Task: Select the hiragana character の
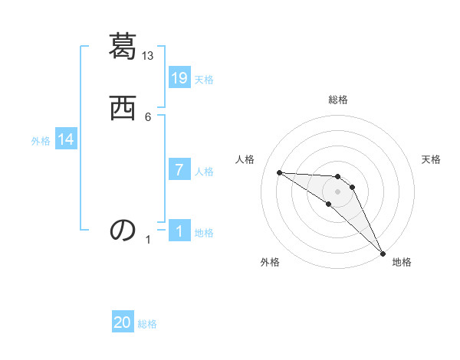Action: click(x=123, y=230)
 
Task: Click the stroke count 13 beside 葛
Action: click(x=148, y=56)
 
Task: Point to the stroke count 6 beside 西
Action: click(x=148, y=116)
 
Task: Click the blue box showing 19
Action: click(x=179, y=78)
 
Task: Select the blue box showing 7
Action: click(x=179, y=170)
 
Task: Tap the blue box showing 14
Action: click(x=66, y=139)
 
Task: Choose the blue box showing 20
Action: click(x=123, y=322)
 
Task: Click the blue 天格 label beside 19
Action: click(x=204, y=80)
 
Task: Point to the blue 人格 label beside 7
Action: click(x=204, y=172)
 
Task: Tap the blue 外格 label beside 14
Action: click(x=41, y=141)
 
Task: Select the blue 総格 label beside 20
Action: click(x=147, y=324)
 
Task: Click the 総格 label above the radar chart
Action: click(x=337, y=100)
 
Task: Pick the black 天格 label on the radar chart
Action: click(x=431, y=159)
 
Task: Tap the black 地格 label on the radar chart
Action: click(x=402, y=262)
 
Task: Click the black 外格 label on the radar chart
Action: click(x=270, y=262)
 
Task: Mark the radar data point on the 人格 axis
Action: click(x=279, y=172)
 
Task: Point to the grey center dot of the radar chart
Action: click(x=337, y=191)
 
